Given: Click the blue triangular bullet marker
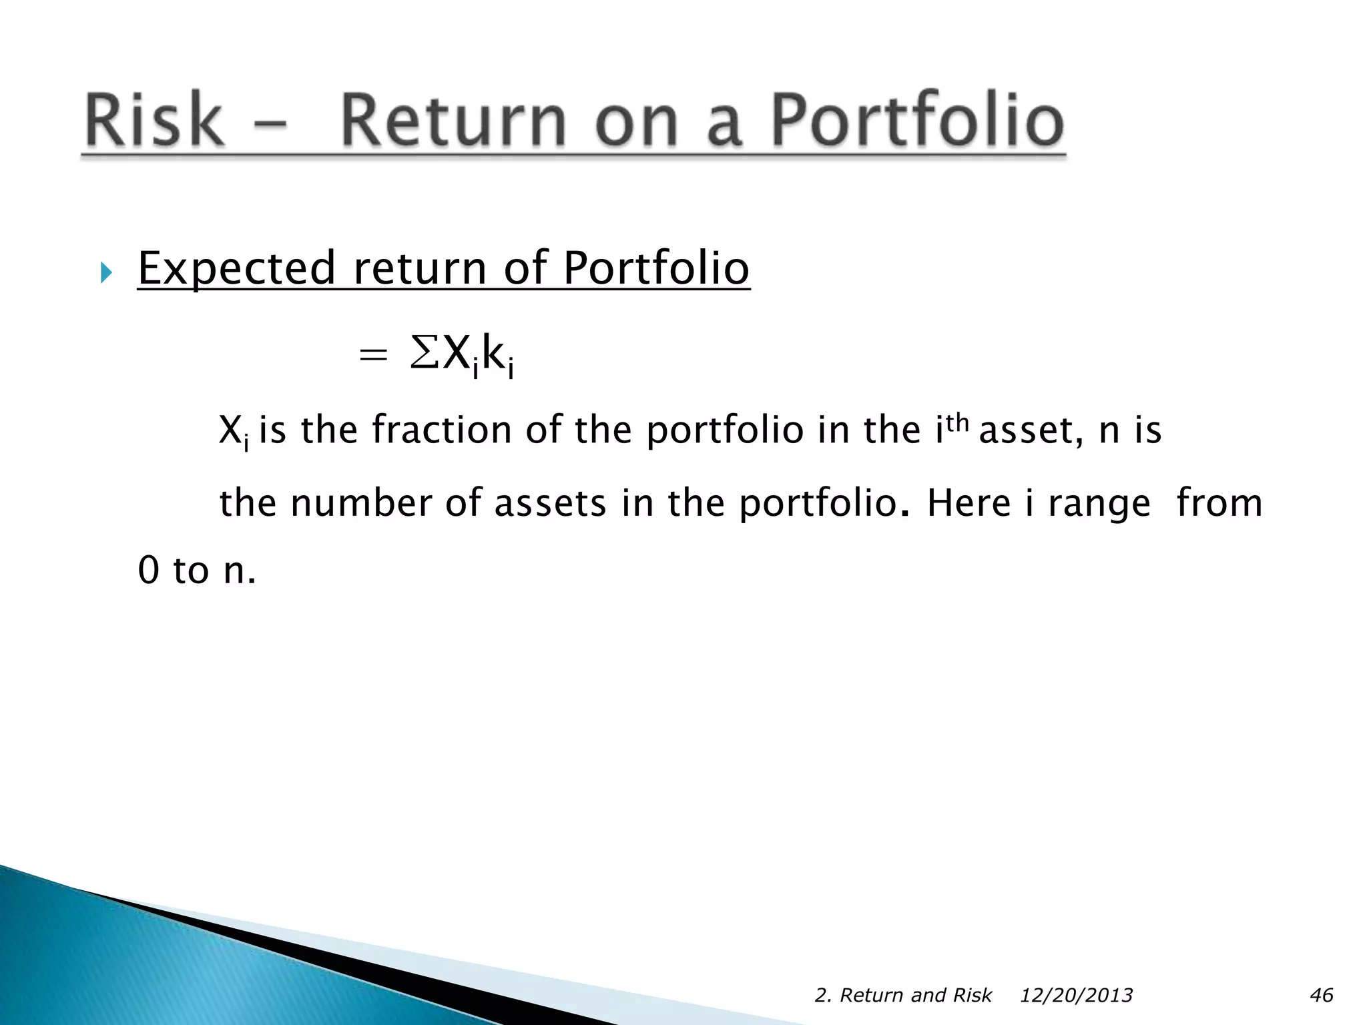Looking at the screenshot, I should pos(106,272).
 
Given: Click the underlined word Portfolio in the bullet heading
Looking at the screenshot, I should pos(656,268).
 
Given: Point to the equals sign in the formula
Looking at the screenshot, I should pos(372,355).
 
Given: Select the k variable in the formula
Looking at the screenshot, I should pos(493,352).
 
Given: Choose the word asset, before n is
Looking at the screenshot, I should pos(1031,430).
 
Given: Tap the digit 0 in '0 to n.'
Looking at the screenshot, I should pos(149,571).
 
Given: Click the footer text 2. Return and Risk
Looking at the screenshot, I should pos(903,995).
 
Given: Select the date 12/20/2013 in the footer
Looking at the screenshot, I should pos(1076,995).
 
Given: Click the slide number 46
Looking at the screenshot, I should pos(1321,995).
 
